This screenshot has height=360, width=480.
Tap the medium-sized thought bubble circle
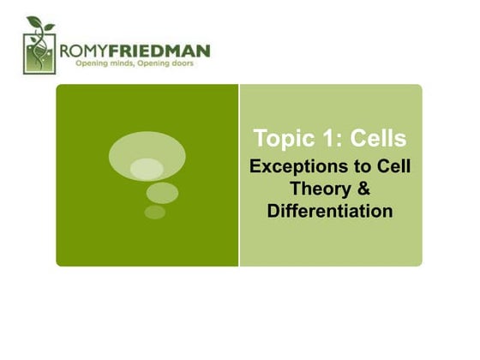(161, 193)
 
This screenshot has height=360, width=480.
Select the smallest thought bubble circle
(154, 212)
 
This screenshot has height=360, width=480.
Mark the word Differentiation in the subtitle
(330, 210)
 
